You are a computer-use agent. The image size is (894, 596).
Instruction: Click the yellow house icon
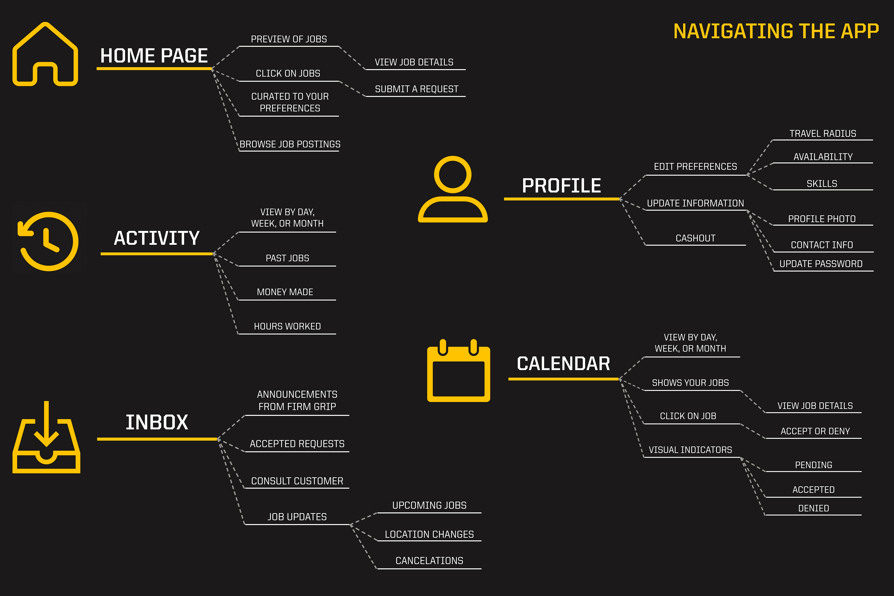45,54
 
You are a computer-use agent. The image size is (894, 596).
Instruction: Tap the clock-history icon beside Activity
48,241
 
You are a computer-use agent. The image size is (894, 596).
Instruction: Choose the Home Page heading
154,56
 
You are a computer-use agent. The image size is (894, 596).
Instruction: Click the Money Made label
285,292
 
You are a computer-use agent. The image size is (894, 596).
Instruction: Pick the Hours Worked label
287,326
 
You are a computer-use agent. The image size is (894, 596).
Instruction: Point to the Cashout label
696,238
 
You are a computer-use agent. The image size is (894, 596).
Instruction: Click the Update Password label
821,264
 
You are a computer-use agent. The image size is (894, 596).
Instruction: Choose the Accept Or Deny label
815,431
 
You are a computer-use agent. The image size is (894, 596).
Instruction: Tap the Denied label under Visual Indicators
813,508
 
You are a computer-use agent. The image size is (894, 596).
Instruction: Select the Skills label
822,184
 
